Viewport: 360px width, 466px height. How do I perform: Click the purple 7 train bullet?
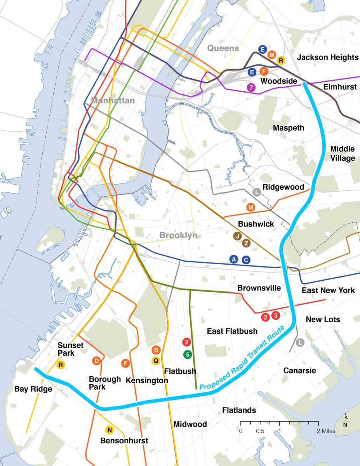pyautogui.click(x=252, y=87)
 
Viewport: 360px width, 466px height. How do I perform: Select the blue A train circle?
pyautogui.click(x=233, y=260)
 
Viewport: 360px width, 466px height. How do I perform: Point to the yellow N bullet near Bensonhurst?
pyautogui.click(x=110, y=429)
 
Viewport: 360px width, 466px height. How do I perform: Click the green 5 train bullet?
pyautogui.click(x=187, y=354)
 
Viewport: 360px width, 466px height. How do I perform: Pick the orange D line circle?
pyautogui.click(x=97, y=361)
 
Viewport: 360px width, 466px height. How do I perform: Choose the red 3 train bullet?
pyautogui.click(x=275, y=316)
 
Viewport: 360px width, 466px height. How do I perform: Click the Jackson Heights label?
pyautogui.click(x=328, y=58)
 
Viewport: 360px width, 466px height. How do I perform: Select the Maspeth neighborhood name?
pyautogui.click(x=289, y=128)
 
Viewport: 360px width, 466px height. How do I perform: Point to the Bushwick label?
pyautogui.click(x=256, y=224)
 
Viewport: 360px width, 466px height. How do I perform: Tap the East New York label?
pyautogui.click(x=328, y=290)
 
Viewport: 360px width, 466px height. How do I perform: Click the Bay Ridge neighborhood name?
pyautogui.click(x=33, y=389)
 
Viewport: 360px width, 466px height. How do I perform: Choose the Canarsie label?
pyautogui.click(x=299, y=370)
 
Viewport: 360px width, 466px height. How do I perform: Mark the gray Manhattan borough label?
pyautogui.click(x=113, y=101)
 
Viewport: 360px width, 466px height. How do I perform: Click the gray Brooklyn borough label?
pyautogui.click(x=178, y=235)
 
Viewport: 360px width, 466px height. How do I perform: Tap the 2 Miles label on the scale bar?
pyautogui.click(x=325, y=431)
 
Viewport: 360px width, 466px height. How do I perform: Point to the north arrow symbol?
pyautogui.click(x=345, y=420)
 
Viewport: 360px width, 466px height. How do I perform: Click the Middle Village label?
pyautogui.click(x=343, y=154)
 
